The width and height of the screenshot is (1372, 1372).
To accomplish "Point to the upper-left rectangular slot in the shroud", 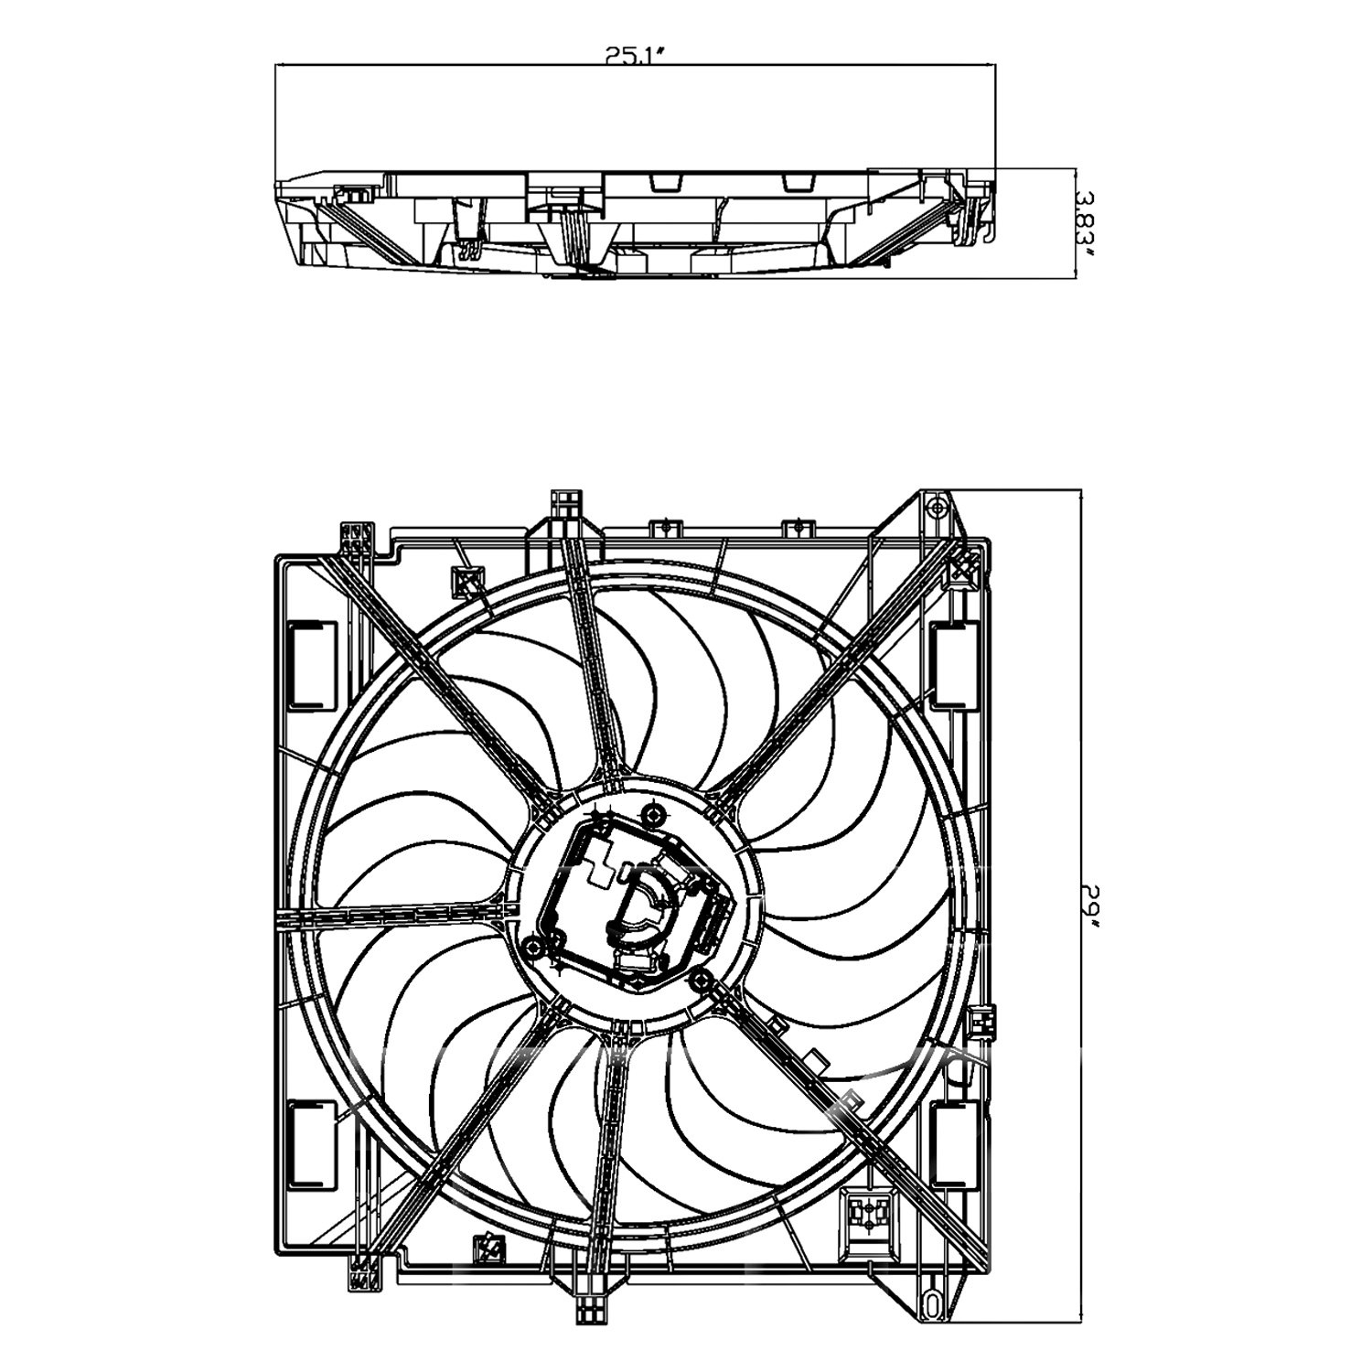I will [x=312, y=665].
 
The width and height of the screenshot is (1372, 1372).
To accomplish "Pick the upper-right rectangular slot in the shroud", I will [x=954, y=665].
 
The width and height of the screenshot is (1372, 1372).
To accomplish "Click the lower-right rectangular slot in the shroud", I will [x=954, y=1145].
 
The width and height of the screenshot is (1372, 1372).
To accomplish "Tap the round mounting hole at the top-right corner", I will [x=932, y=505].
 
